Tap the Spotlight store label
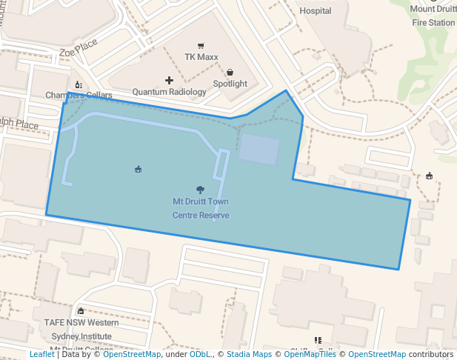point(230,84)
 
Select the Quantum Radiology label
point(169,92)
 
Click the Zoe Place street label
point(79,50)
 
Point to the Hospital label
point(315,11)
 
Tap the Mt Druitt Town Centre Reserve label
point(201,208)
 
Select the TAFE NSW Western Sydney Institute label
point(81,329)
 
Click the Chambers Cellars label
point(79,96)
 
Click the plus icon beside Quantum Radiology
point(169,80)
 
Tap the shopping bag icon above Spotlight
point(230,72)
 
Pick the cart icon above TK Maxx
point(200,46)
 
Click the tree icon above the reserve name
point(200,190)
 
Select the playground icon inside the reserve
point(138,170)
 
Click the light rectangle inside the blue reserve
point(259,150)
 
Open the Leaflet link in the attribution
point(41,354)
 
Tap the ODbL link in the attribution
point(200,354)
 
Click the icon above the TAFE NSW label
point(81,311)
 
